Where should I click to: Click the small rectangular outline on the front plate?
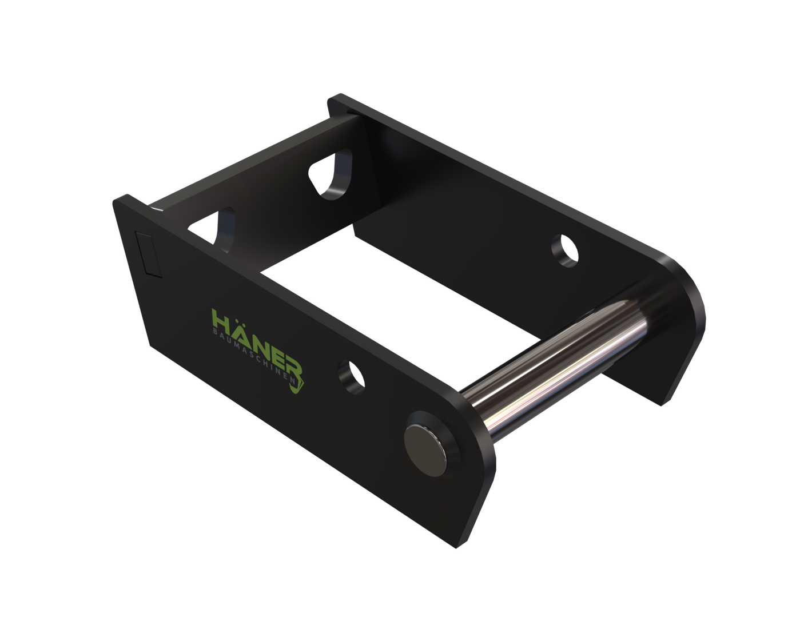click(x=148, y=254)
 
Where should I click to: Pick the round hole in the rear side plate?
click(x=565, y=250)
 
